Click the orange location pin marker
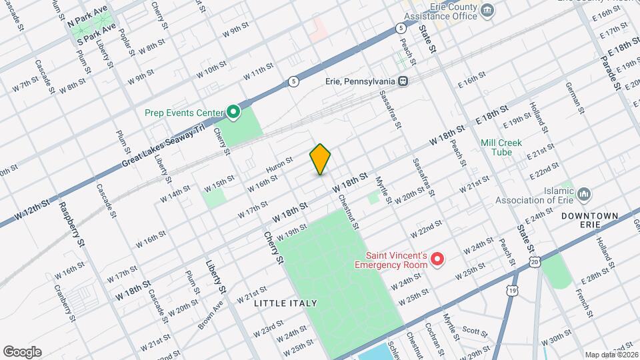coord(320,159)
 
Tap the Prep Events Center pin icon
coord(233,113)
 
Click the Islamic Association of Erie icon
coord(585,194)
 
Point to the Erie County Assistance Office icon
coord(487,10)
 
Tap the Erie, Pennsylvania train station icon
coord(403,81)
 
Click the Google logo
coord(22,351)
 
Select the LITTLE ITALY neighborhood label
coord(285,303)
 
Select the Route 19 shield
coord(511,291)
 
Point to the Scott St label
coord(476,330)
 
